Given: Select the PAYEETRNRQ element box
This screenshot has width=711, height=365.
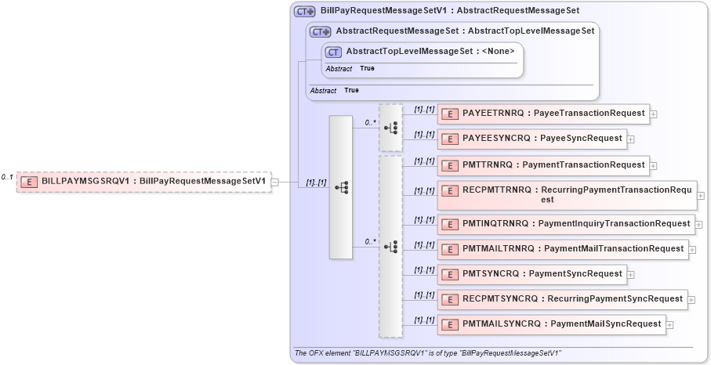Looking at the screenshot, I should coord(543,114).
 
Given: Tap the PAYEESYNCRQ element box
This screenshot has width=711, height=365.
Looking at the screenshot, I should coord(531,139).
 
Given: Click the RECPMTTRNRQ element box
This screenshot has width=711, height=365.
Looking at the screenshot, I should coord(567,194).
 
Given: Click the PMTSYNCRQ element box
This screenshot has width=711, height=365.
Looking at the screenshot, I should coord(531,274).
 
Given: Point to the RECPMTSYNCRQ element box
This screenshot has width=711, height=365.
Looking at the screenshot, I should coord(562,299).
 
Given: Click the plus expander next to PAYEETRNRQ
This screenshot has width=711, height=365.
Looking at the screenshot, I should coord(654,114).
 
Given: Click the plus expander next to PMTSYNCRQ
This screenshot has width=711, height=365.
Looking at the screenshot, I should coord(630,275).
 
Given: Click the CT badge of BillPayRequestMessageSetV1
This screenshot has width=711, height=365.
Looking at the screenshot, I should coord(304,12).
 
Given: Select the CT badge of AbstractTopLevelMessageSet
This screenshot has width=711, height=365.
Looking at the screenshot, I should coord(334,52).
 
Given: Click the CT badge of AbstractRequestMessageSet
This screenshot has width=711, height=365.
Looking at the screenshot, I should coord(320,32).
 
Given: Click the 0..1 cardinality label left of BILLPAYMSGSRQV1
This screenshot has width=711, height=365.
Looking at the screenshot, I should coord(7,178).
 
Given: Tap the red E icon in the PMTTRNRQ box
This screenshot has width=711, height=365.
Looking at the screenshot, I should coord(450,165).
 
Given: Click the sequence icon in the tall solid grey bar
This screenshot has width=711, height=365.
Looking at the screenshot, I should coord(341,187).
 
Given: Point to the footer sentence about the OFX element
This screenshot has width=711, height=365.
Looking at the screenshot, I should coord(427,353).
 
